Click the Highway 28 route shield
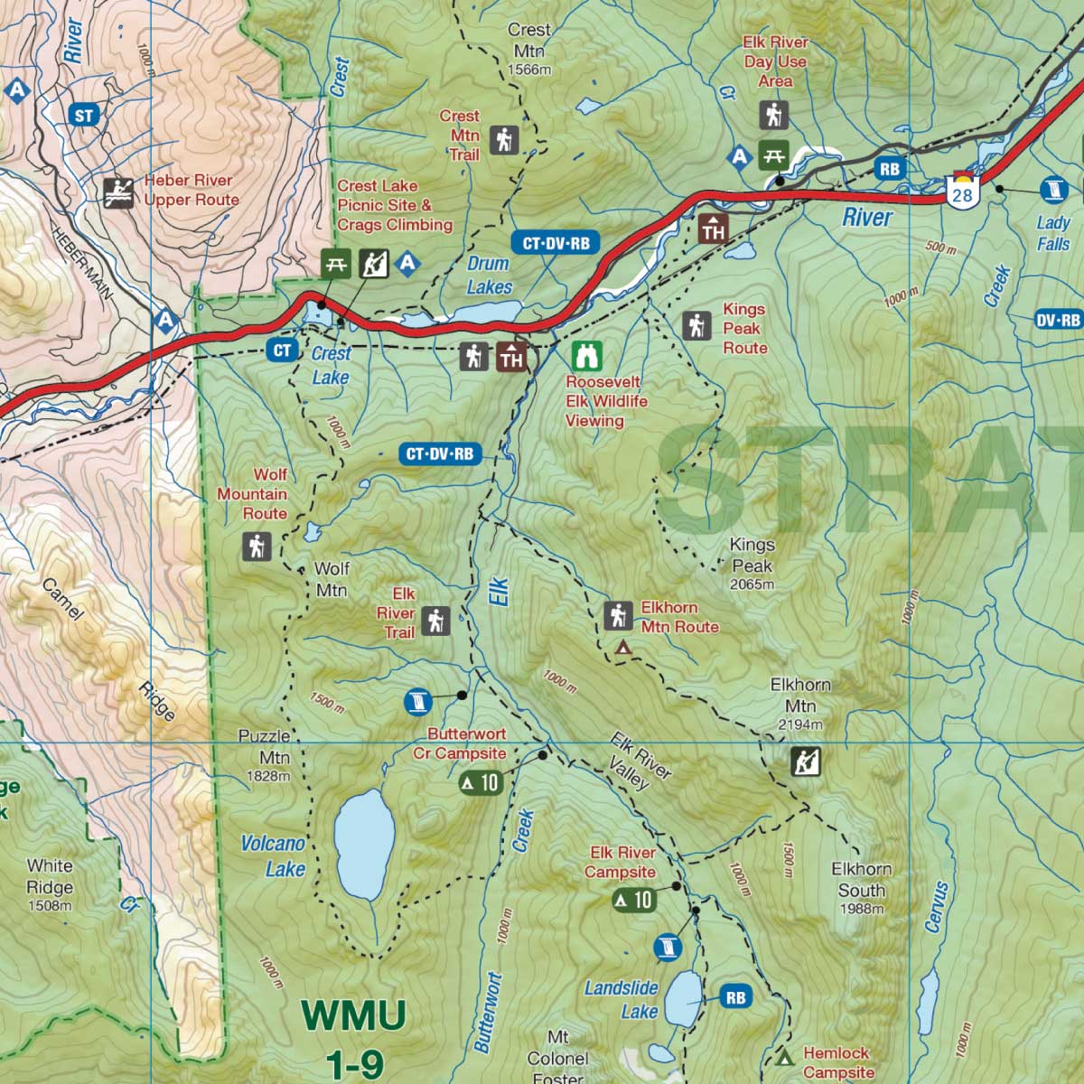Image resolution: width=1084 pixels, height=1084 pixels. [x=963, y=191]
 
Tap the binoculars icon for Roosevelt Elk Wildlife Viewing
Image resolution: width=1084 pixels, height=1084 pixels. [x=587, y=356]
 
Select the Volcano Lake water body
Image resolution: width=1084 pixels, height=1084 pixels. [x=364, y=845]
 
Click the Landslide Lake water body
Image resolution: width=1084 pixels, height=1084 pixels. [x=684, y=1001]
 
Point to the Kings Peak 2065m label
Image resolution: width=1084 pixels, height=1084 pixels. [x=752, y=565]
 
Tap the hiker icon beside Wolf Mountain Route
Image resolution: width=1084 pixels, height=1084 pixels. [x=257, y=547]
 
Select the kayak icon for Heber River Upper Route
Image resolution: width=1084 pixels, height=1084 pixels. [x=118, y=192]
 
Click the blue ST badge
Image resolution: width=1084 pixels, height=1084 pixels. [x=84, y=116]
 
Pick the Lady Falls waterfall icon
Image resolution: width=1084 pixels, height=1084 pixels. [x=1053, y=189]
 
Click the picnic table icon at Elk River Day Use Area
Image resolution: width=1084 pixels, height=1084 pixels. [x=772, y=155]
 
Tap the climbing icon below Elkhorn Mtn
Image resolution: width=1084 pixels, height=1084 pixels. [x=805, y=762]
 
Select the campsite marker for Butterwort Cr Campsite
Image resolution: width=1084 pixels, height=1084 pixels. [x=481, y=782]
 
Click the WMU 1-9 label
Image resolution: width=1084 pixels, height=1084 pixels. [x=355, y=1039]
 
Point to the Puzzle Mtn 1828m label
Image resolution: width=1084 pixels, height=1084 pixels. [x=265, y=756]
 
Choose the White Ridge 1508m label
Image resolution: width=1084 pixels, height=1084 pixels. [x=50, y=885]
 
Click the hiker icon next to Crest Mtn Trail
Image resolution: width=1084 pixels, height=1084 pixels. [x=504, y=140]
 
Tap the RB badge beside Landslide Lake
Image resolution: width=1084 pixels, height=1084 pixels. [x=735, y=997]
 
